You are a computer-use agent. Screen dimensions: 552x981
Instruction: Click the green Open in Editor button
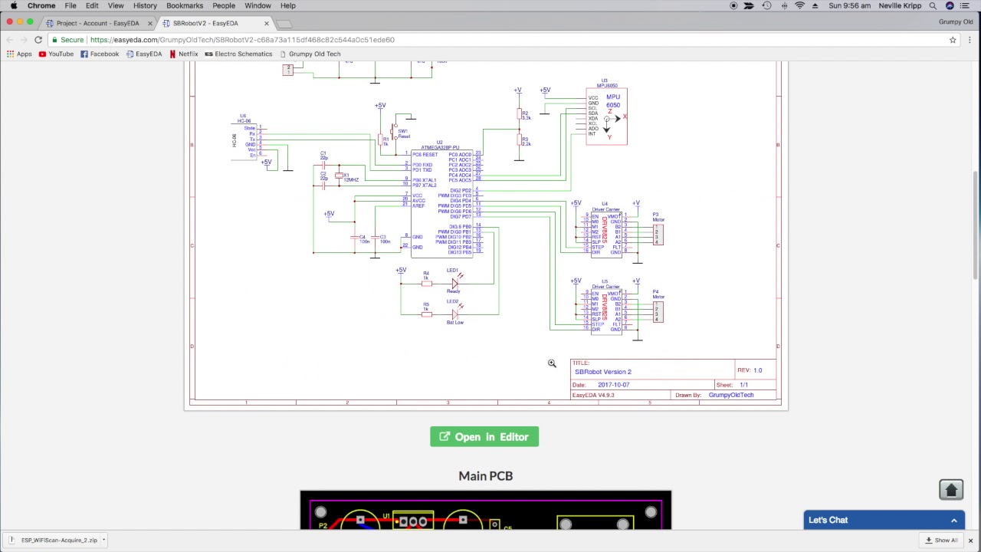pyautogui.click(x=484, y=437)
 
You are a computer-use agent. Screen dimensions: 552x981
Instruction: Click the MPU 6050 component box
pyautogui.click(x=606, y=117)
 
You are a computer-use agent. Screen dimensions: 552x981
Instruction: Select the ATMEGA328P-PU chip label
pyautogui.click(x=440, y=148)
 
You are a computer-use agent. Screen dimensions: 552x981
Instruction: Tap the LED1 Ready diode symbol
pyautogui.click(x=454, y=284)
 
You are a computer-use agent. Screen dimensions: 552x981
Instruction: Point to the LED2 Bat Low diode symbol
pyautogui.click(x=454, y=314)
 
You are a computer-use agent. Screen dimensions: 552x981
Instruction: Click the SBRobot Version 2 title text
pyautogui.click(x=603, y=372)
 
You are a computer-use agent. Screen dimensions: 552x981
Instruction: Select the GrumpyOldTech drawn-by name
pyautogui.click(x=730, y=395)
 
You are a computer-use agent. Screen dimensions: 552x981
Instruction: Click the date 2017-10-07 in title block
pyautogui.click(x=613, y=385)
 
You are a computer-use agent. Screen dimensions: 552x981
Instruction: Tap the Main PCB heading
pyautogui.click(x=485, y=476)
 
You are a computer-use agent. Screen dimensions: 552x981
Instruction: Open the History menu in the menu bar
pyautogui.click(x=145, y=5)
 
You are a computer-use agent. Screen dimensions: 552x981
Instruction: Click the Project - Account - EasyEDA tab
pyautogui.click(x=97, y=23)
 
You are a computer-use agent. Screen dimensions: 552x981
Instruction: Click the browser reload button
pyautogui.click(x=38, y=40)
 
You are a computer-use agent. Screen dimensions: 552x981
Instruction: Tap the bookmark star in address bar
pyautogui.click(x=953, y=40)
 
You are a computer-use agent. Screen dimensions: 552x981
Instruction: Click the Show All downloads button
pyautogui.click(x=942, y=540)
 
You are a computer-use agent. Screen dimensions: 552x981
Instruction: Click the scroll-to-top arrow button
pyautogui.click(x=951, y=490)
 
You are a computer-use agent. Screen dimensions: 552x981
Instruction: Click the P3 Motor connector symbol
pyautogui.click(x=657, y=234)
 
